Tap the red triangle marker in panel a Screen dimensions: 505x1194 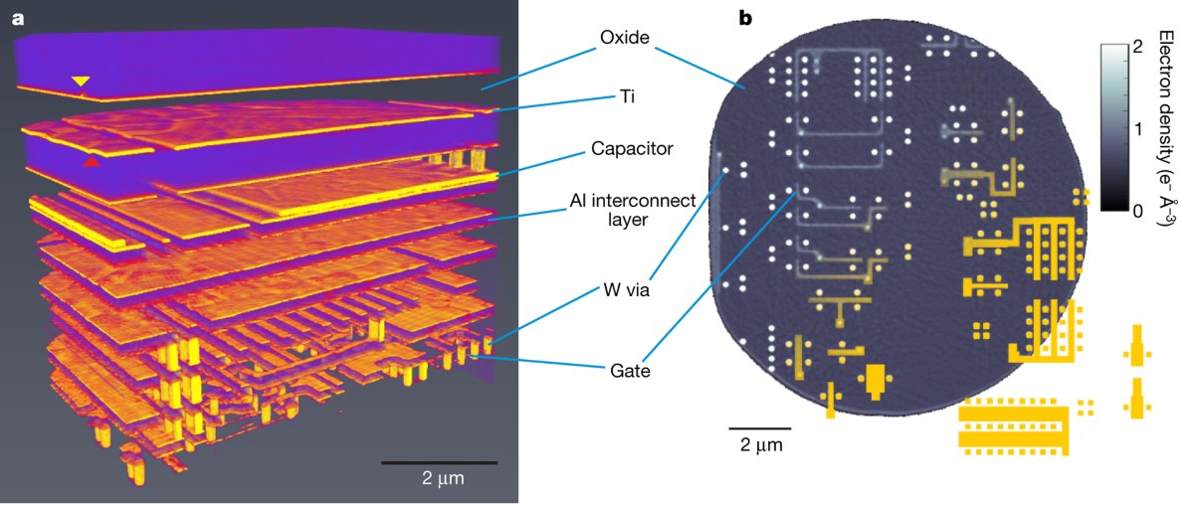[92, 160]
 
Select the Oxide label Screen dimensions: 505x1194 [625, 39]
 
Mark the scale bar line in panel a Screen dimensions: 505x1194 [439, 462]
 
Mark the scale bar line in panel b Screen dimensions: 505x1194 [753, 428]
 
